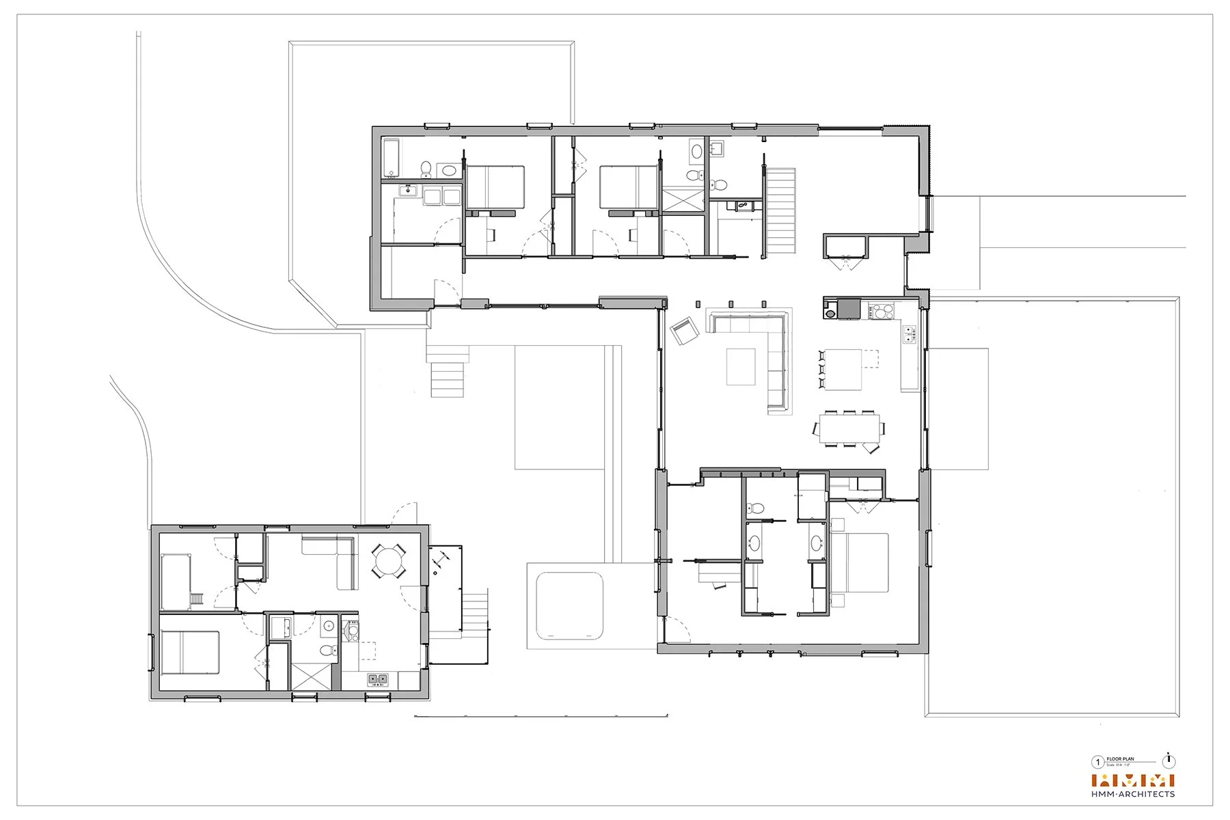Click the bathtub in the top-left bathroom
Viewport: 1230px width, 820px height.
pyautogui.click(x=392, y=156)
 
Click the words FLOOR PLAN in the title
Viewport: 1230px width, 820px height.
pyautogui.click(x=1120, y=759)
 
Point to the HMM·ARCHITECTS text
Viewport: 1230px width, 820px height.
pyautogui.click(x=1133, y=794)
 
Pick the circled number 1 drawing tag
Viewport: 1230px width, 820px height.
pyautogui.click(x=1098, y=763)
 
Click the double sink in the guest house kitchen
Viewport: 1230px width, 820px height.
pyautogui.click(x=378, y=679)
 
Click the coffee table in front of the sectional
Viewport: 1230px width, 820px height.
pyautogui.click(x=741, y=366)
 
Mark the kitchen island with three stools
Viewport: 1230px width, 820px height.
pyautogui.click(x=843, y=369)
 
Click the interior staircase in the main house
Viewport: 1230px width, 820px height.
pyautogui.click(x=780, y=210)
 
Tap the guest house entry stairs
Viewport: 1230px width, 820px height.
pyautogui.click(x=472, y=612)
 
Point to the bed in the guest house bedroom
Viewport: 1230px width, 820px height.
pyautogui.click(x=191, y=653)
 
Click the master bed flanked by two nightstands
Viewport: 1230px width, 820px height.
pyautogui.click(x=860, y=562)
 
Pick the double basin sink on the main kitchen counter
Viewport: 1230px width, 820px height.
pyautogui.click(x=910, y=334)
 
